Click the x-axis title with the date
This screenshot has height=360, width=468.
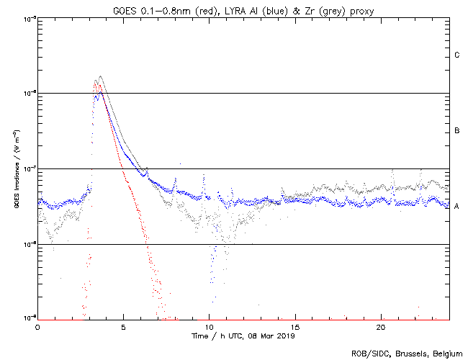[x=243, y=336]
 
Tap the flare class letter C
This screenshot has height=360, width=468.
[x=457, y=55]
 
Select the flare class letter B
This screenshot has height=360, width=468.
[x=457, y=131]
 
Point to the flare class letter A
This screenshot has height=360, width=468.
[x=457, y=207]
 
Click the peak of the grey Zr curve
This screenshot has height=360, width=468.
[x=100, y=76]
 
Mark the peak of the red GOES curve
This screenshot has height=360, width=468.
[x=95, y=81]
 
